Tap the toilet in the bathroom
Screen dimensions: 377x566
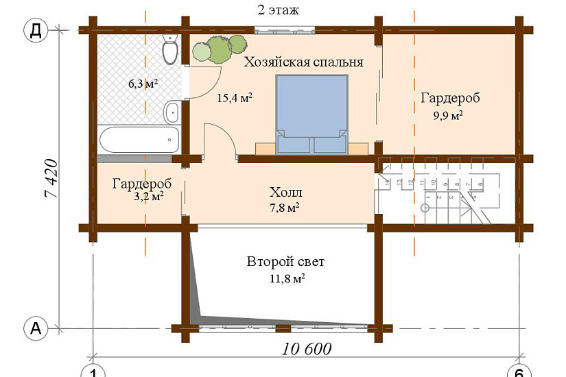pos(170,50)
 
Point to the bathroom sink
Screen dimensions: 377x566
pos(172,109)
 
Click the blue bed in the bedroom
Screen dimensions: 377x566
pos(311,114)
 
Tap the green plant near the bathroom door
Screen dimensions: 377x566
pos(219,49)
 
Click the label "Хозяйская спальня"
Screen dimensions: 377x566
pos(303,62)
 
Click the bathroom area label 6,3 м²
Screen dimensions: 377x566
pos(143,84)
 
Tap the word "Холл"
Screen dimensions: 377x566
pos(285,192)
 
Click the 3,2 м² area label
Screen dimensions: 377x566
pos(147,197)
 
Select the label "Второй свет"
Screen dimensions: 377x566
pos(285,263)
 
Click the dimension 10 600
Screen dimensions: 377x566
pos(306,349)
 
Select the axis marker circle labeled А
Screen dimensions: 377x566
pos(35,329)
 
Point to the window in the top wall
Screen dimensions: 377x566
pos(285,29)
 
